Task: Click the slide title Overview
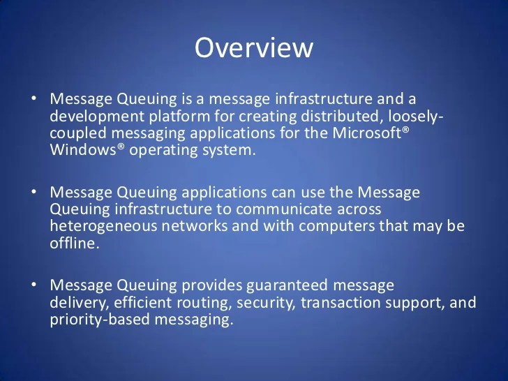click(x=254, y=47)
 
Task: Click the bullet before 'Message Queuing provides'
click(x=34, y=285)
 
